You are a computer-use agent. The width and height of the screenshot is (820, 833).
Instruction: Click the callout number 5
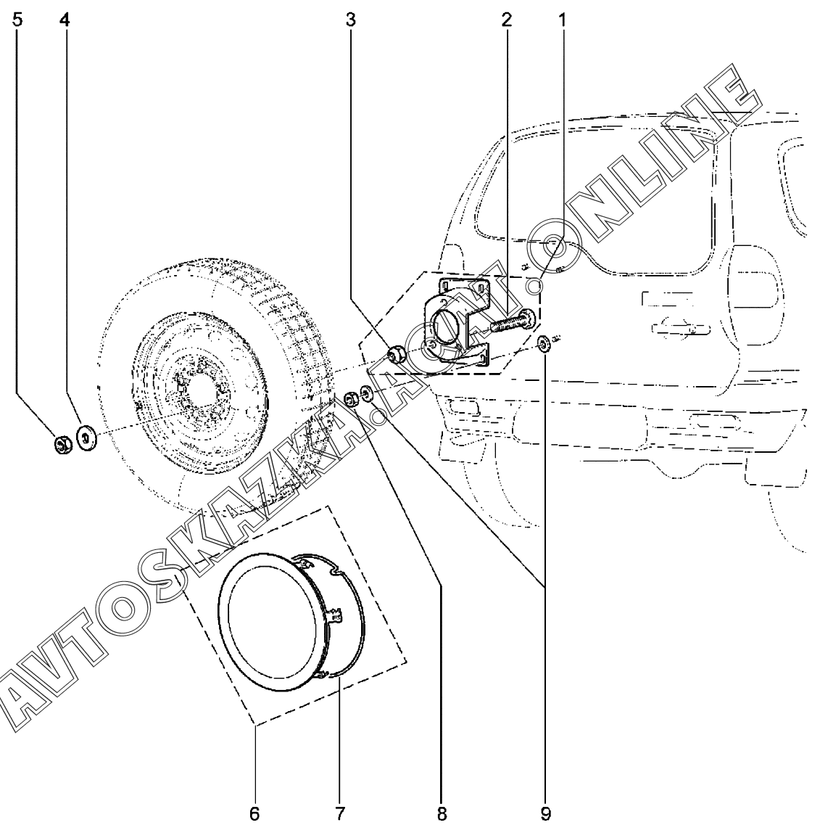(x=17, y=20)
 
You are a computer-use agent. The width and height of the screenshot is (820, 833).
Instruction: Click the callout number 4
(x=65, y=20)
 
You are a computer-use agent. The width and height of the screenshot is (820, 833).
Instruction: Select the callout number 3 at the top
(x=350, y=20)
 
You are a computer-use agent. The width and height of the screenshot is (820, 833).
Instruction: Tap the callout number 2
(x=507, y=20)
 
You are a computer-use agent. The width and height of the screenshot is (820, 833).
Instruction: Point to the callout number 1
(x=562, y=20)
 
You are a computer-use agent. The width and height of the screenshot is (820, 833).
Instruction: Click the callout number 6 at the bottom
(x=254, y=813)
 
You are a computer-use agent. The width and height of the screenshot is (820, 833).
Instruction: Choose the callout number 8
(x=442, y=813)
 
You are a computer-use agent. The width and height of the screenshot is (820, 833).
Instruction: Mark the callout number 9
(x=546, y=813)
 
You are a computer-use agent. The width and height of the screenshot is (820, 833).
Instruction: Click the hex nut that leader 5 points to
(x=63, y=444)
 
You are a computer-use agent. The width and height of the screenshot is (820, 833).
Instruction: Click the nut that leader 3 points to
(x=396, y=354)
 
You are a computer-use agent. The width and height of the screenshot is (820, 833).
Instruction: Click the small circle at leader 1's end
(x=533, y=287)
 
